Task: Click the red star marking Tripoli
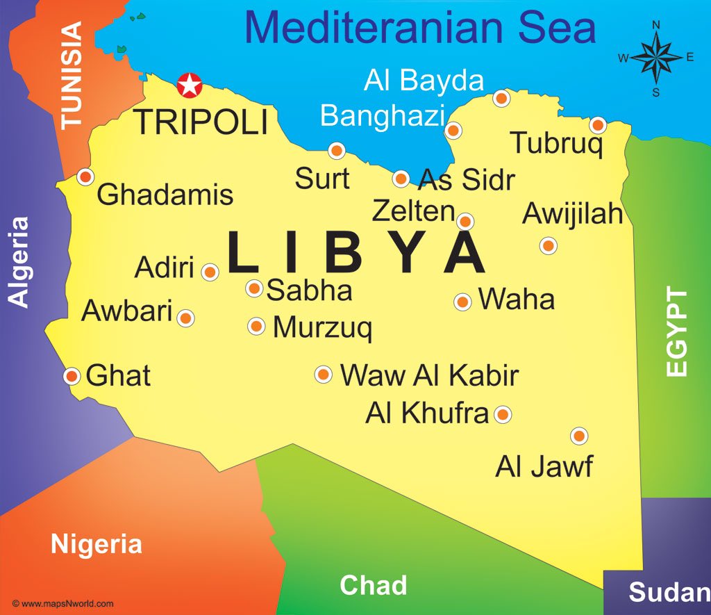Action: [188, 85]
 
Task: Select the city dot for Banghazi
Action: [453, 130]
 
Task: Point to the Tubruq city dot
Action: [598, 126]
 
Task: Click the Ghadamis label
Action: [165, 194]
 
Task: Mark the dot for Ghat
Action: [72, 376]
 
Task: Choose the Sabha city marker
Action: [254, 288]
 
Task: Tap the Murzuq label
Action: [322, 327]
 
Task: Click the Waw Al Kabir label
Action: [429, 375]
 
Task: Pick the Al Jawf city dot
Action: [579, 436]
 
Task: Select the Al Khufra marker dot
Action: [503, 415]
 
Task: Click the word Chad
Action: [373, 585]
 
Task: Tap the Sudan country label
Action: [669, 592]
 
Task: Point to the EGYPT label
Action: [676, 332]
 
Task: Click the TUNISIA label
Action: [72, 74]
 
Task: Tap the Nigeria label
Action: [97, 544]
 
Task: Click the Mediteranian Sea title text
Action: [420, 28]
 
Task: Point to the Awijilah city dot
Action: [548, 245]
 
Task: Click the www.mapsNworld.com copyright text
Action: [62, 604]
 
